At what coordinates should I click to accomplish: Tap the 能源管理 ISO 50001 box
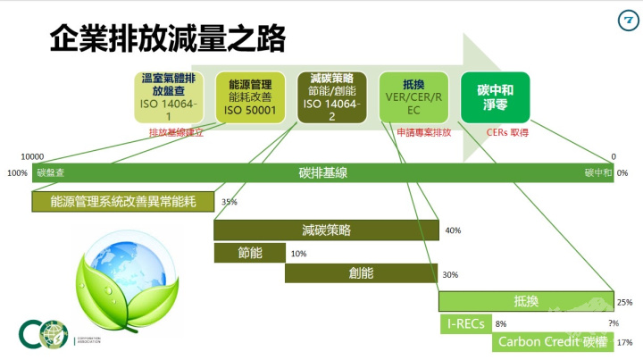(x=250, y=97)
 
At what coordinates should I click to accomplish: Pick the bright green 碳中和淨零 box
(x=495, y=97)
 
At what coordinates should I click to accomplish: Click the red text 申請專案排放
(x=423, y=132)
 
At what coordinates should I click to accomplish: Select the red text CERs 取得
(x=507, y=132)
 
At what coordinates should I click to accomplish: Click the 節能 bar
(x=249, y=253)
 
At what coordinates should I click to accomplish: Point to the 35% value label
(x=229, y=202)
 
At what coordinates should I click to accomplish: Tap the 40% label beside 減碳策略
(x=452, y=230)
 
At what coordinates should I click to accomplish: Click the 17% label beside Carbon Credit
(x=625, y=342)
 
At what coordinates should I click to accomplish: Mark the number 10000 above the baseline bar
(x=32, y=156)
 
